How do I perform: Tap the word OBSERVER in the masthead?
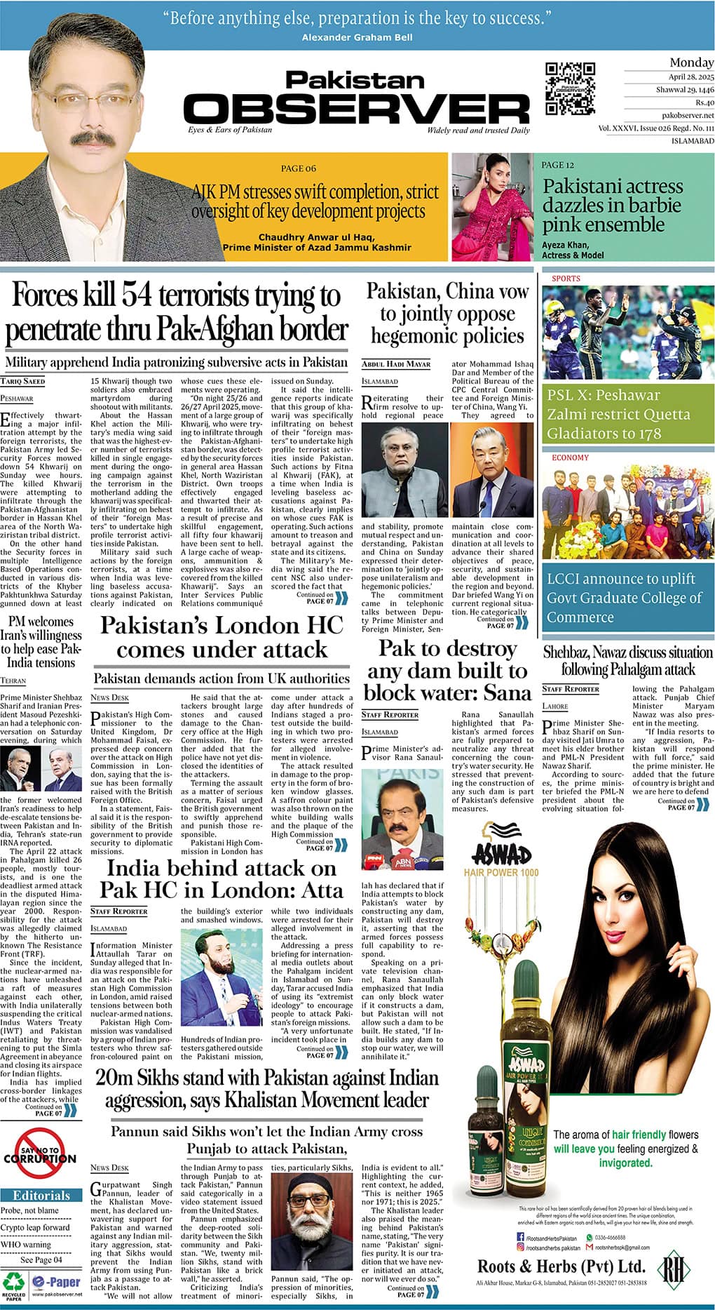point(357,109)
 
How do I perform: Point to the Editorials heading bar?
point(41,1195)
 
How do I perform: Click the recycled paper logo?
point(13,1283)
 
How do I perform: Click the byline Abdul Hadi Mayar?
point(396,364)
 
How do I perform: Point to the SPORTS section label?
point(566,279)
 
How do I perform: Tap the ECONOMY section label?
point(571,457)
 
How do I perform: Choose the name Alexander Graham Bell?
point(357,37)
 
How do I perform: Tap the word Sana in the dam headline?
point(501,693)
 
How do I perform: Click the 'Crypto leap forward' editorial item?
point(35,1227)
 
